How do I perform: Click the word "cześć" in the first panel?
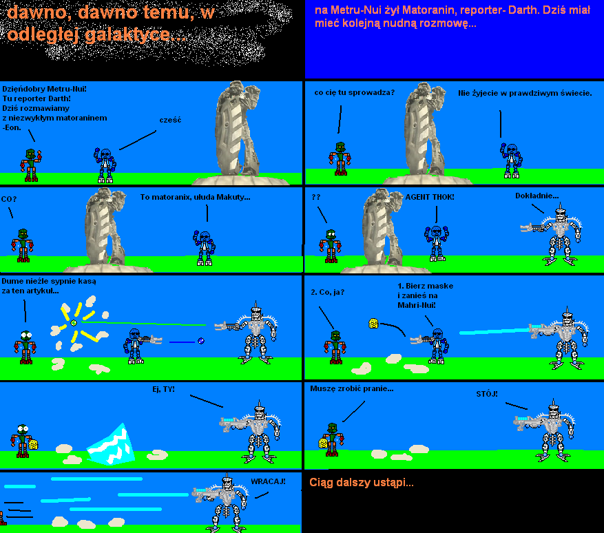click(x=170, y=120)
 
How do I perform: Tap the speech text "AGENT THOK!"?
click(x=430, y=197)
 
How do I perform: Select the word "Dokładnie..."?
click(x=537, y=196)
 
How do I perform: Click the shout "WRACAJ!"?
click(x=268, y=481)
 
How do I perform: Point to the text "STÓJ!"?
click(x=487, y=394)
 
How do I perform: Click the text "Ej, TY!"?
click(x=163, y=389)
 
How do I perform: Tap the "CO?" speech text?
click(x=9, y=199)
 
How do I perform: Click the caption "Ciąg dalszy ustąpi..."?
click(x=362, y=483)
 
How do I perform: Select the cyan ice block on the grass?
click(x=111, y=445)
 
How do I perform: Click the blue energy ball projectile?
click(x=200, y=341)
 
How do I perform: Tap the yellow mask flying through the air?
click(x=373, y=323)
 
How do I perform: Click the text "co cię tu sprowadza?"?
click(x=355, y=93)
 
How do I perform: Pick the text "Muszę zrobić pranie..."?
click(x=352, y=388)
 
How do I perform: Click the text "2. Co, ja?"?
click(x=327, y=292)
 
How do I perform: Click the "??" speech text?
click(x=316, y=197)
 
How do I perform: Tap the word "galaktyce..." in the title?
click(x=135, y=34)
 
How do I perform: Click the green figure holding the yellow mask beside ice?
click(x=24, y=441)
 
